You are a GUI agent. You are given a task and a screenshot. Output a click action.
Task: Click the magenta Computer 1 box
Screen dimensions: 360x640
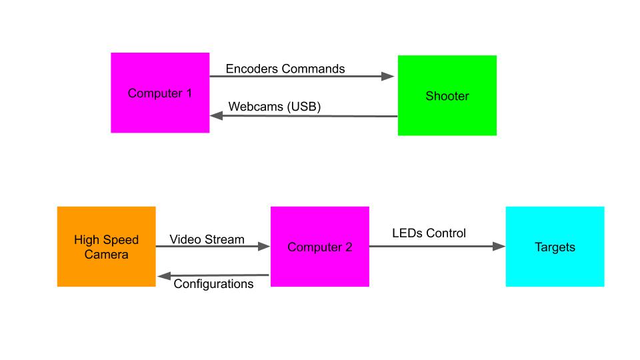click(160, 93)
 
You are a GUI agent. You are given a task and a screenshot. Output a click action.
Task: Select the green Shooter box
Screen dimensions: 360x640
click(447, 96)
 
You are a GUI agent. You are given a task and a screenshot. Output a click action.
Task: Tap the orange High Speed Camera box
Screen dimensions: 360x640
click(106, 247)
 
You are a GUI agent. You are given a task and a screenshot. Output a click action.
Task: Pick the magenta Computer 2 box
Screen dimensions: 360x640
click(319, 247)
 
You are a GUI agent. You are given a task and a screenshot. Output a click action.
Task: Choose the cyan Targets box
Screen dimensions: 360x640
click(555, 247)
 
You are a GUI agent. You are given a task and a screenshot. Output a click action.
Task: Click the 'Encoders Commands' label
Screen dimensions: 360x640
click(285, 69)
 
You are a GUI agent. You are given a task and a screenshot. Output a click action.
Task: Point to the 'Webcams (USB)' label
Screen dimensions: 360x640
click(275, 107)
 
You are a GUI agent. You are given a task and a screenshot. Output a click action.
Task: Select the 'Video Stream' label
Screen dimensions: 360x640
click(207, 239)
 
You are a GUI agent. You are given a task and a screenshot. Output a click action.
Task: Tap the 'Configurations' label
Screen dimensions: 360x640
click(213, 284)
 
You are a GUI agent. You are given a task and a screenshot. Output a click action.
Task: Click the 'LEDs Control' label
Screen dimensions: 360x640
click(429, 233)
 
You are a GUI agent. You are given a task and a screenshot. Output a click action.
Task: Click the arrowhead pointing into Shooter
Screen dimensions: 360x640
click(389, 77)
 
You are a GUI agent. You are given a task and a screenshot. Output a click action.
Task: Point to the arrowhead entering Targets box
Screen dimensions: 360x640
click(498, 247)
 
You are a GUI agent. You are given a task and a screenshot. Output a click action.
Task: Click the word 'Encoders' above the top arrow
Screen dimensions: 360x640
click(252, 69)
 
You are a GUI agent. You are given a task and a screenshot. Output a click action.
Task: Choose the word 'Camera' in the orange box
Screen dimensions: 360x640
click(106, 254)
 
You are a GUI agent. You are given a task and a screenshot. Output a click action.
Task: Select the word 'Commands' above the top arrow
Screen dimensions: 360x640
click(313, 69)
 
